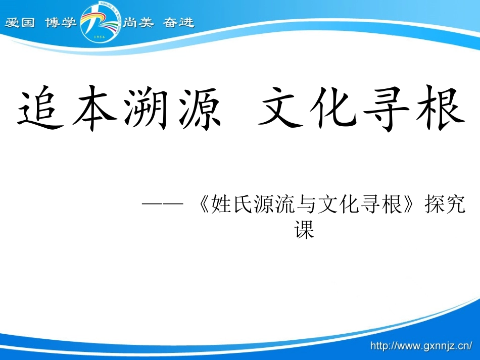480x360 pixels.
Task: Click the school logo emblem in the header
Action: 100,22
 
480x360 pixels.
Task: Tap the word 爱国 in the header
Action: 20,23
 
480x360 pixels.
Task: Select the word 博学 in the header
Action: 61,23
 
